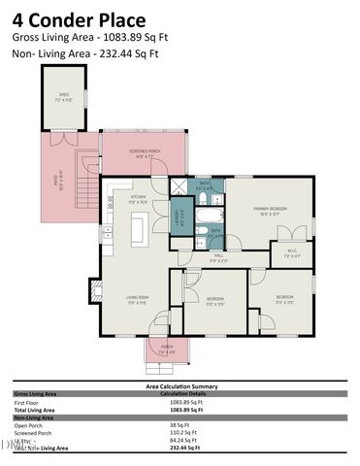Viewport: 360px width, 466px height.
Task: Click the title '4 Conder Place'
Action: click(79, 19)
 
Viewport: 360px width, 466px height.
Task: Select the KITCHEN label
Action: click(138, 197)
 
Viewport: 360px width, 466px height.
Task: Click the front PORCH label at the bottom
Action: click(167, 349)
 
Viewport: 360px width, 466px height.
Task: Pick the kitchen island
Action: click(138, 230)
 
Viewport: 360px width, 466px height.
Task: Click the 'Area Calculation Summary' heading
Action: click(180, 386)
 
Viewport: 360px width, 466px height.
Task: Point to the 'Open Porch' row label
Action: click(29, 424)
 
